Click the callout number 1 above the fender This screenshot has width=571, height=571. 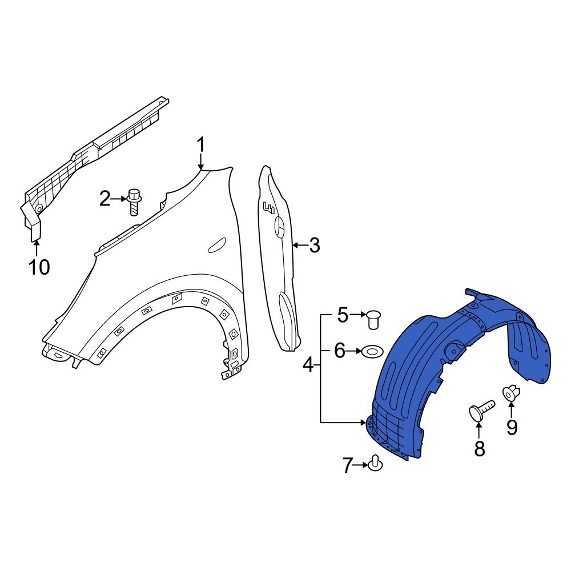[200, 146]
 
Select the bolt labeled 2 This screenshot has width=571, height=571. [135, 201]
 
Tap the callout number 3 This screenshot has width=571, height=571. [314, 246]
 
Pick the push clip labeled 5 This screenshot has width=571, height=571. [375, 319]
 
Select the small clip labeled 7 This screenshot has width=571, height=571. [376, 463]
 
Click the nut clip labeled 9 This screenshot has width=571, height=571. [510, 393]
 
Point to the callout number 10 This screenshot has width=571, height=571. [39, 267]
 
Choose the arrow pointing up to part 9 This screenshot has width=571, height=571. [511, 410]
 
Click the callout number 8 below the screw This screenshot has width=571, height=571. [480, 449]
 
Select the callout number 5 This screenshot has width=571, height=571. [342, 315]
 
